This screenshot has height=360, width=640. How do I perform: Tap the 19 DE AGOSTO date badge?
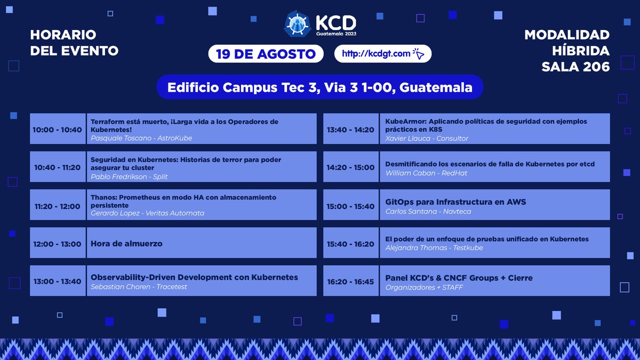click(x=266, y=54)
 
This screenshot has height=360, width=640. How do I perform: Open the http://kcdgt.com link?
click(x=376, y=53)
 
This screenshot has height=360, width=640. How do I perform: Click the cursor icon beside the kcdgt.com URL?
click(x=419, y=53)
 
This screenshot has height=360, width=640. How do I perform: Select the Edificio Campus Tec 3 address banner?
click(x=320, y=87)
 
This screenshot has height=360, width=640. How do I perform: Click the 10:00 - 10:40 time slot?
click(x=57, y=130)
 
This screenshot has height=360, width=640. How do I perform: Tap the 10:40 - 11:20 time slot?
click(x=57, y=167)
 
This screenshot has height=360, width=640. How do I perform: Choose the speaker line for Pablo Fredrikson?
click(x=129, y=176)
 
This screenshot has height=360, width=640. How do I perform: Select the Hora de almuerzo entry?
click(x=126, y=244)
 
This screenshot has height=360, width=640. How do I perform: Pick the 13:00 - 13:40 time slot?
click(x=57, y=281)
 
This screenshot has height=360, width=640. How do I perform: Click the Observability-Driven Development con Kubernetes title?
click(x=194, y=277)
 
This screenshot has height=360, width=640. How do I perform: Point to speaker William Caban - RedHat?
click(x=426, y=173)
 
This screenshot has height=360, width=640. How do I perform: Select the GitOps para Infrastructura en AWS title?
click(x=455, y=202)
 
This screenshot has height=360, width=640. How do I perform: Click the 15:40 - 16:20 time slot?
click(x=350, y=244)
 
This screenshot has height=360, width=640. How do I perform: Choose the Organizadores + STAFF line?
click(x=424, y=287)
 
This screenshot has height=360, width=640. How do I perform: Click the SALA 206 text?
click(x=575, y=66)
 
